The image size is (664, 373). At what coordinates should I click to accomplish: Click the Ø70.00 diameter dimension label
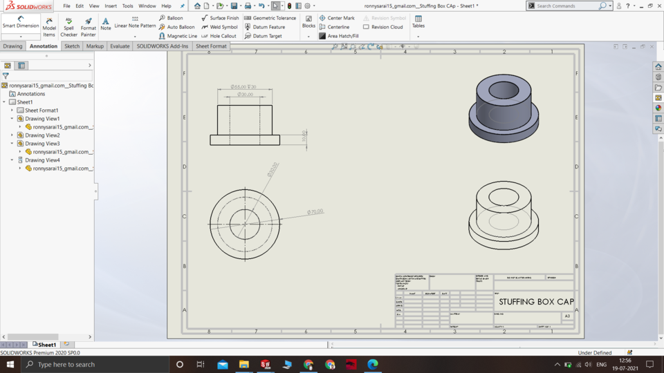pos(315,212)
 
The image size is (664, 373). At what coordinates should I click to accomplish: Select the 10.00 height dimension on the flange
pos(304,136)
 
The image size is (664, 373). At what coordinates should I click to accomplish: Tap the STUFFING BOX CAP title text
pos(536,302)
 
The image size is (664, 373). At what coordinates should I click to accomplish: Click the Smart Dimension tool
pos(21,23)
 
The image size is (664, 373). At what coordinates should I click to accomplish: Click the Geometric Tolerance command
pos(274,18)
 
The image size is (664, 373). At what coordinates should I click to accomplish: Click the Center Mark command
pos(340,18)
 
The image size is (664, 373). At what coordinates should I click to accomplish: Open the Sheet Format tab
pos(211,46)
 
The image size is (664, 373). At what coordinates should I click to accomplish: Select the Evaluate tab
pos(120,46)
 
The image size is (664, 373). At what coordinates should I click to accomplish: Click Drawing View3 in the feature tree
pos(42,144)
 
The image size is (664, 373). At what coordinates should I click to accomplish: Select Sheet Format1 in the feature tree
pos(41,111)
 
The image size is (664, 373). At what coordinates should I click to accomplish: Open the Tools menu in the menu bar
pos(128,6)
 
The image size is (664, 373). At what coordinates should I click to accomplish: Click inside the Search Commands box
pos(566,6)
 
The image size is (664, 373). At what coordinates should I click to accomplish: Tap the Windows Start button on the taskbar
pos(10,364)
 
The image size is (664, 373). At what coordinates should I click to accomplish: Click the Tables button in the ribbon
pos(418,22)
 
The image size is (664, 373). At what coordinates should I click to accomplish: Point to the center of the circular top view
pos(244,223)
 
